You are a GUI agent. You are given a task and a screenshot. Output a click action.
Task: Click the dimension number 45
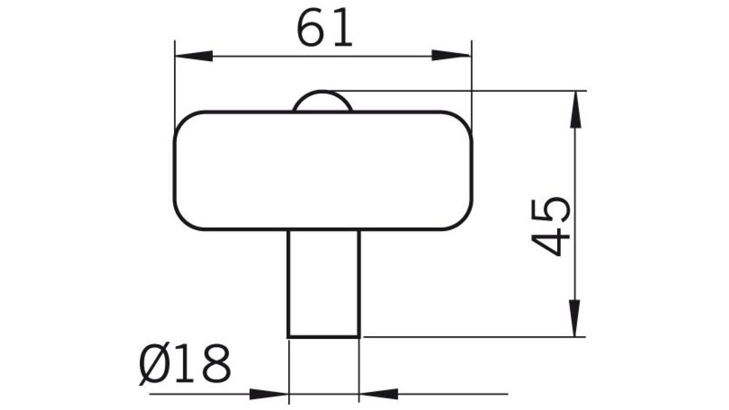point(551,226)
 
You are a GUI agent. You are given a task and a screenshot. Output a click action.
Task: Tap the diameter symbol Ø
point(154,364)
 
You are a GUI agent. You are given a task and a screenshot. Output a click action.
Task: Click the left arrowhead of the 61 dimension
point(194,56)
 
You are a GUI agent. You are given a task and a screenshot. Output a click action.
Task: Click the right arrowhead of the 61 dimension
point(451,56)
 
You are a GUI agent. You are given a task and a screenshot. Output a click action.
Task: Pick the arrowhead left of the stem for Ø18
point(269,394)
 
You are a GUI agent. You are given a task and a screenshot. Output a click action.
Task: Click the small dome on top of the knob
point(322,102)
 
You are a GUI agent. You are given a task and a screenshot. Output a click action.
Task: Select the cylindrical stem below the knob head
point(324,282)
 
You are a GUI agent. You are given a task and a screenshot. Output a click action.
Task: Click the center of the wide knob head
point(323,170)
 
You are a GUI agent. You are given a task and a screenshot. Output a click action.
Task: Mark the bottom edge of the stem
point(324,337)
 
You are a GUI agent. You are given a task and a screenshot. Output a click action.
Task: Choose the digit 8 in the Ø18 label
point(216,364)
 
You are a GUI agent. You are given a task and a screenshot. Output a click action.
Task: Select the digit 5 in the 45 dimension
point(551,210)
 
